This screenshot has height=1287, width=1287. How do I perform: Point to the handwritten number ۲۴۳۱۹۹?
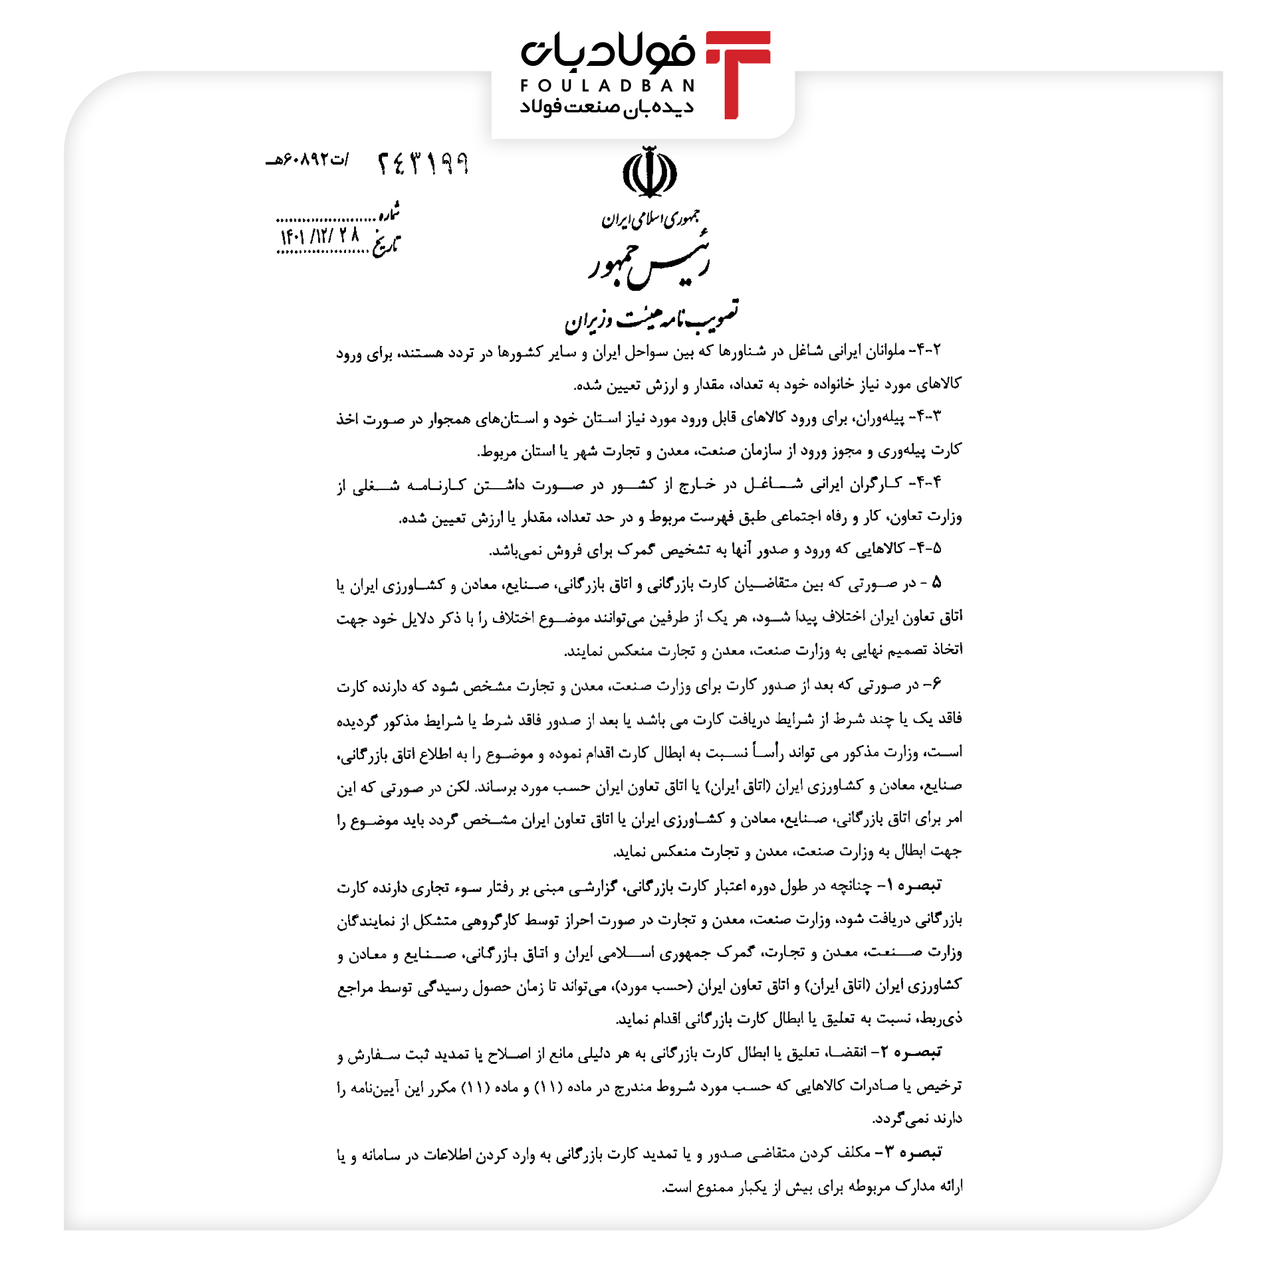coord(423,163)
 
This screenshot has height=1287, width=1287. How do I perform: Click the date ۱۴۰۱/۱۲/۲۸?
coord(320,236)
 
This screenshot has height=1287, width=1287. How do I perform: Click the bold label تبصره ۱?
coord(914,885)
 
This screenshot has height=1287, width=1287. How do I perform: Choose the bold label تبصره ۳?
coord(913,1152)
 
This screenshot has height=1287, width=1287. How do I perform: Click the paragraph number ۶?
coord(936,683)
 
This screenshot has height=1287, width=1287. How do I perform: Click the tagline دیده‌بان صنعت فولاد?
coord(606,107)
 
